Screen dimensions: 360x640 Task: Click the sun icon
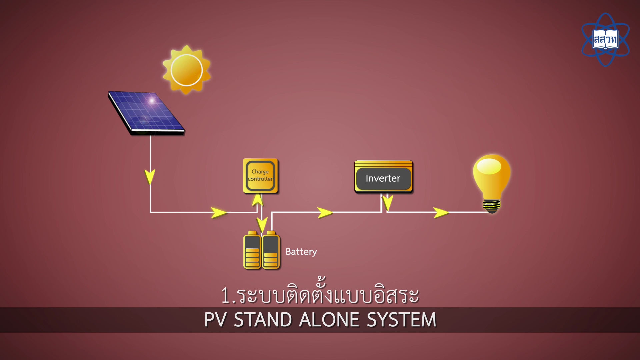pyautogui.click(x=186, y=70)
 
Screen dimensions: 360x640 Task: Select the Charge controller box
pyautogui.click(x=260, y=176)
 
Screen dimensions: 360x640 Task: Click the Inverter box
pyautogui.click(x=383, y=177)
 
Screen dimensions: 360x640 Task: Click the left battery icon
pyautogui.click(x=252, y=251)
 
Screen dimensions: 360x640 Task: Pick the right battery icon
pyautogui.click(x=271, y=251)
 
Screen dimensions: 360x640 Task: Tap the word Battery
pyautogui.click(x=301, y=252)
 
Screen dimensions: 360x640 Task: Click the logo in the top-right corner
pyautogui.click(x=605, y=39)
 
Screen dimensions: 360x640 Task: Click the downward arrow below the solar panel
pyautogui.click(x=150, y=176)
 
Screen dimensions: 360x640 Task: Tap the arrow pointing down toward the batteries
pyautogui.click(x=262, y=225)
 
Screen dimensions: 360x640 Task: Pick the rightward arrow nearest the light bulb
pyautogui.click(x=441, y=212)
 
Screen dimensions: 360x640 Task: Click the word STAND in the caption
pyautogui.click(x=263, y=320)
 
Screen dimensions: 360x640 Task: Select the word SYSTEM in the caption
pyautogui.click(x=401, y=320)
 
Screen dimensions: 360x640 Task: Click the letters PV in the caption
pyautogui.click(x=215, y=320)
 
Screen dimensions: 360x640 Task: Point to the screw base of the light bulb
pyautogui.click(x=492, y=206)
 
